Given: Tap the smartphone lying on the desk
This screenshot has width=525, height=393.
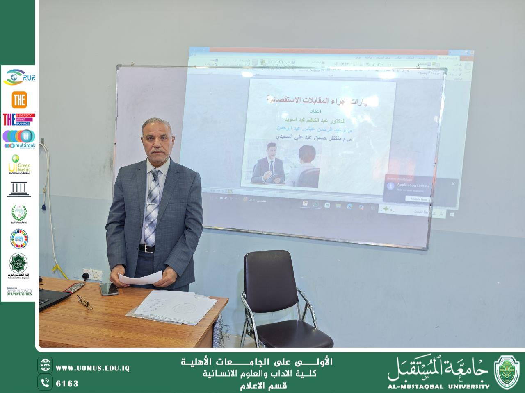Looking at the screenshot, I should (x=109, y=289).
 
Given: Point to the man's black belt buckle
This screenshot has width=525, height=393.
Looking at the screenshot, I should (x=146, y=248).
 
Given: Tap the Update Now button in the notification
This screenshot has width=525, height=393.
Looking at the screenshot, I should (x=419, y=199).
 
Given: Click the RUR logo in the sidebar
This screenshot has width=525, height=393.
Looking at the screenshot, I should (x=19, y=77).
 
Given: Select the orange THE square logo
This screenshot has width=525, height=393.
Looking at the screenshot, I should (x=19, y=99).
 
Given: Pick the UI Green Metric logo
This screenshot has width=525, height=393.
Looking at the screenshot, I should (x=19, y=164).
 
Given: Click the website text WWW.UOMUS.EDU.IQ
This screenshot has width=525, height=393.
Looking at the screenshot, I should (x=92, y=368).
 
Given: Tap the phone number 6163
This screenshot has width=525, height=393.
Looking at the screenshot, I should (x=67, y=384).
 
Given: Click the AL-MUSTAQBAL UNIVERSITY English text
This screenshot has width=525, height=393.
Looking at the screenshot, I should (x=438, y=386).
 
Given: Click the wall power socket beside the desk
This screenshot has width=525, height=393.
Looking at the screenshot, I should (x=92, y=274).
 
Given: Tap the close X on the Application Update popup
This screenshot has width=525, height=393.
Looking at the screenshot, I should (x=453, y=184).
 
